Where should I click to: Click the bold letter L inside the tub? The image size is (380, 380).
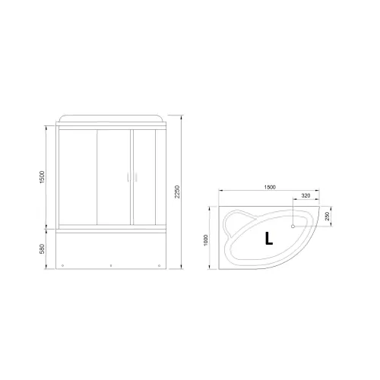coord(268,239)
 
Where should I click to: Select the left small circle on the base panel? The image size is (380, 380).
coord(63,265)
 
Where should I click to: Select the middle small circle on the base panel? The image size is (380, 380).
coord(111,265)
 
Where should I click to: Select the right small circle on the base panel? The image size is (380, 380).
coord(159,265)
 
